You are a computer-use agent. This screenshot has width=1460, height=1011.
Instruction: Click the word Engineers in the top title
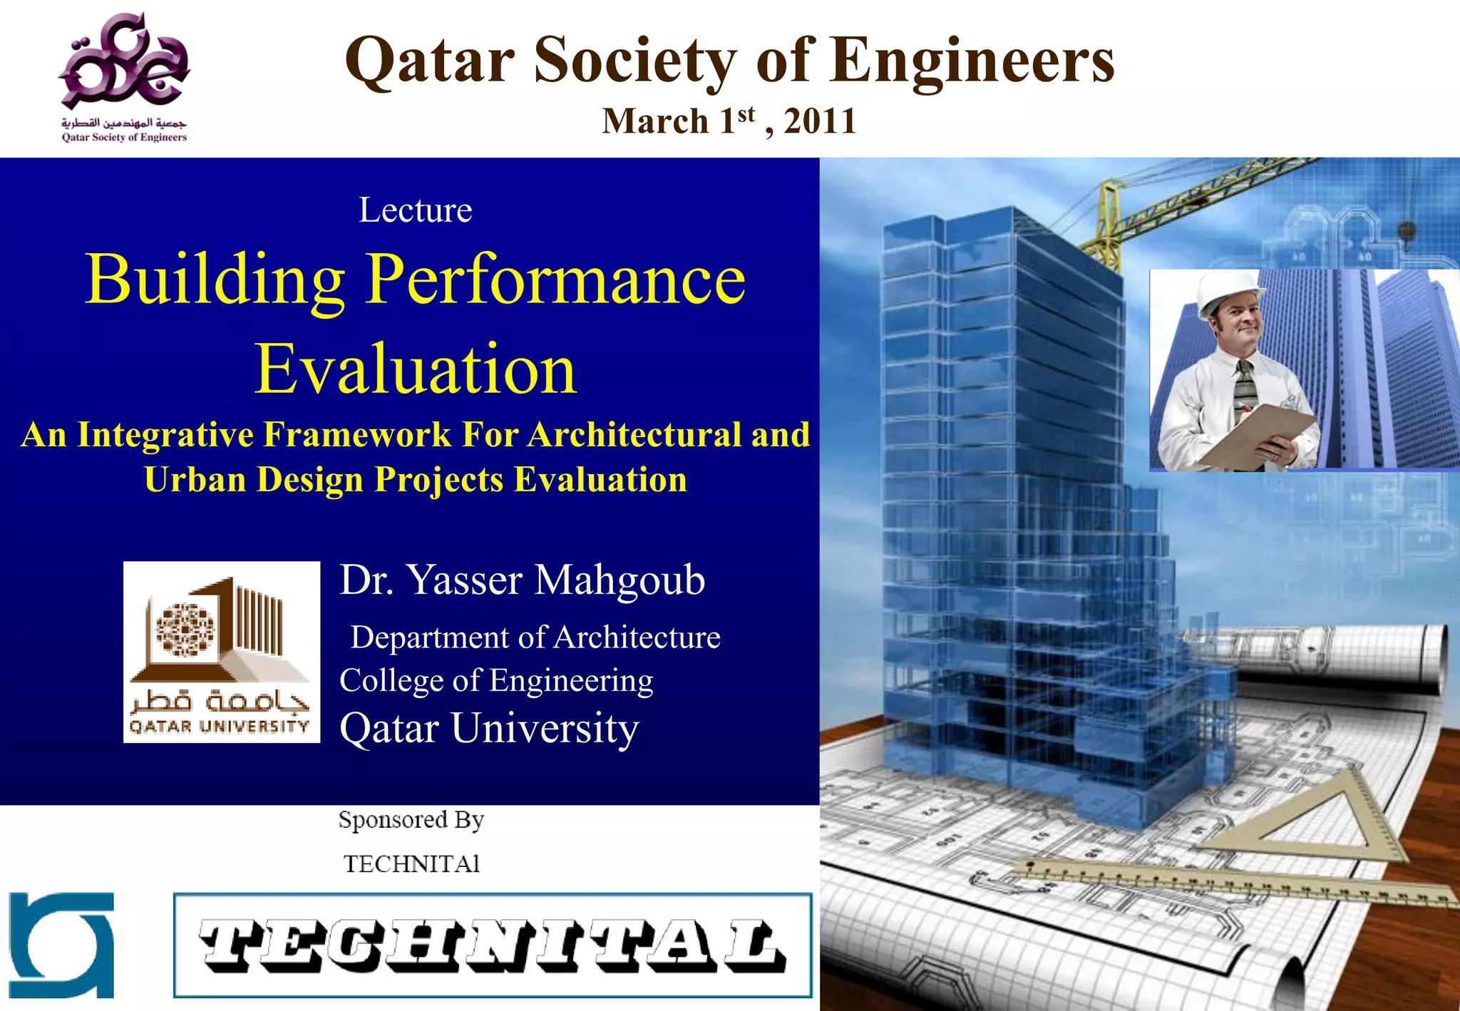point(972,61)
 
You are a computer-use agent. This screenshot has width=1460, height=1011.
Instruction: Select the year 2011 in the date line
point(820,121)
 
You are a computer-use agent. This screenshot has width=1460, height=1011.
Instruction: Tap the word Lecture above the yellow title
point(415,210)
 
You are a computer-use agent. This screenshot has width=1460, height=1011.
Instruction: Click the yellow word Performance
point(556,279)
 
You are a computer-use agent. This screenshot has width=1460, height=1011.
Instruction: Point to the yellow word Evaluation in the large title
point(416,369)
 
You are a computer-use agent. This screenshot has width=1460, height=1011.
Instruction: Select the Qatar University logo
point(222,652)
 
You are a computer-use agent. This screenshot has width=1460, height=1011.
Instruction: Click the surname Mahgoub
point(620,580)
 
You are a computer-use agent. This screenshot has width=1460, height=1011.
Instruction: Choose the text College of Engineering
point(496,681)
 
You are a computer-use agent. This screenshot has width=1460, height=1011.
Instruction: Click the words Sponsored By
point(411,820)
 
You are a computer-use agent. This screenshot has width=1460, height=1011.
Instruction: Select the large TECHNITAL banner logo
point(493,945)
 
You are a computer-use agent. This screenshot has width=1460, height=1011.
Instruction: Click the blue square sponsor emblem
point(61,945)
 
